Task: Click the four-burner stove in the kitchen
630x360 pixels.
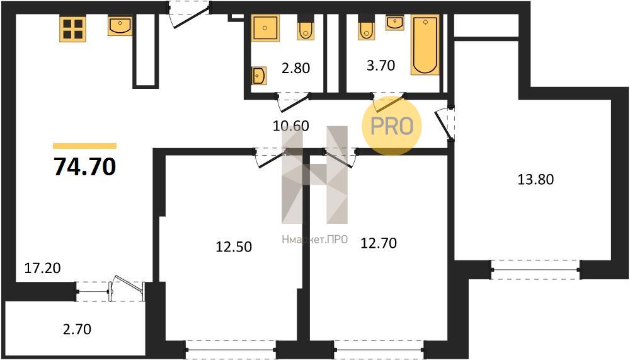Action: pos(72,29)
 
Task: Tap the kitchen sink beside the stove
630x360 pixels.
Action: pos(120,26)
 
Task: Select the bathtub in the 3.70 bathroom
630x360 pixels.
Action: pos(425,45)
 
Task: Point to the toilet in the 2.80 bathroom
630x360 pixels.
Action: pos(306,28)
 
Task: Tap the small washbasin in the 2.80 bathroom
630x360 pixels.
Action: pos(259,75)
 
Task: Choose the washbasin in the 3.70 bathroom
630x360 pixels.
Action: pos(395,23)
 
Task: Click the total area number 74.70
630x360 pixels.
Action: pos(85,166)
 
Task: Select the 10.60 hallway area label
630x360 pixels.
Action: pos(291,126)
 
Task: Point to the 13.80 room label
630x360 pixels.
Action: pos(535,179)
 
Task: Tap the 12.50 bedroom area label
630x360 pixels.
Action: pos(234,246)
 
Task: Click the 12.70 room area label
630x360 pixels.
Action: pos(379,243)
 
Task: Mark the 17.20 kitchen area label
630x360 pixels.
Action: pos(43,267)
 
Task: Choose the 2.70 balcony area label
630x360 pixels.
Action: pos(77,329)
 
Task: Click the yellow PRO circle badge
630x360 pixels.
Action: pos(392,125)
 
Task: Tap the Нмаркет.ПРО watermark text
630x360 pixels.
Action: pos(314,240)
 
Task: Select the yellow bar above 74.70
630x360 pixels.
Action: pos(85,146)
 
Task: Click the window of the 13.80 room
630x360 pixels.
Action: pos(535,269)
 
